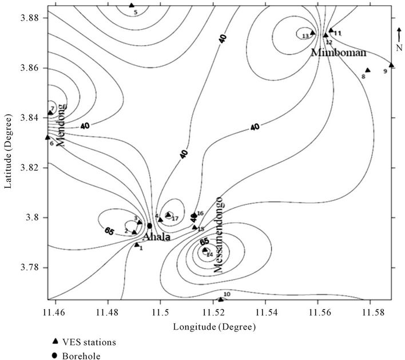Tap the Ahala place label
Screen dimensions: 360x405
pyautogui.click(x=156, y=236)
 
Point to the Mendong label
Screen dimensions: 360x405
pyautogui.click(x=62, y=125)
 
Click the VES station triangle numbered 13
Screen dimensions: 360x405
pyautogui.click(x=312, y=33)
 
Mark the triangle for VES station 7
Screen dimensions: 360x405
pyautogui.click(x=50, y=112)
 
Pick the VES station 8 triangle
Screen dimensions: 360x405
pyautogui.click(x=368, y=70)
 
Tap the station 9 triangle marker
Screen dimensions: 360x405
pyautogui.click(x=391, y=65)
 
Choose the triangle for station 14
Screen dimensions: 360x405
pyautogui.click(x=205, y=250)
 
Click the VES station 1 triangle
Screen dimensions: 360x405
pyautogui.click(x=137, y=244)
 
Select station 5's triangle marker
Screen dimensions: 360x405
pyautogui.click(x=132, y=5)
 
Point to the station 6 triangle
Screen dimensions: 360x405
pyautogui.click(x=47, y=137)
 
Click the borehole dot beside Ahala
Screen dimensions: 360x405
pyautogui.click(x=150, y=226)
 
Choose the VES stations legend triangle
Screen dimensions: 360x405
pyautogui.click(x=55, y=341)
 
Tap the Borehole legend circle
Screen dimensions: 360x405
pyautogui.click(x=55, y=354)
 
